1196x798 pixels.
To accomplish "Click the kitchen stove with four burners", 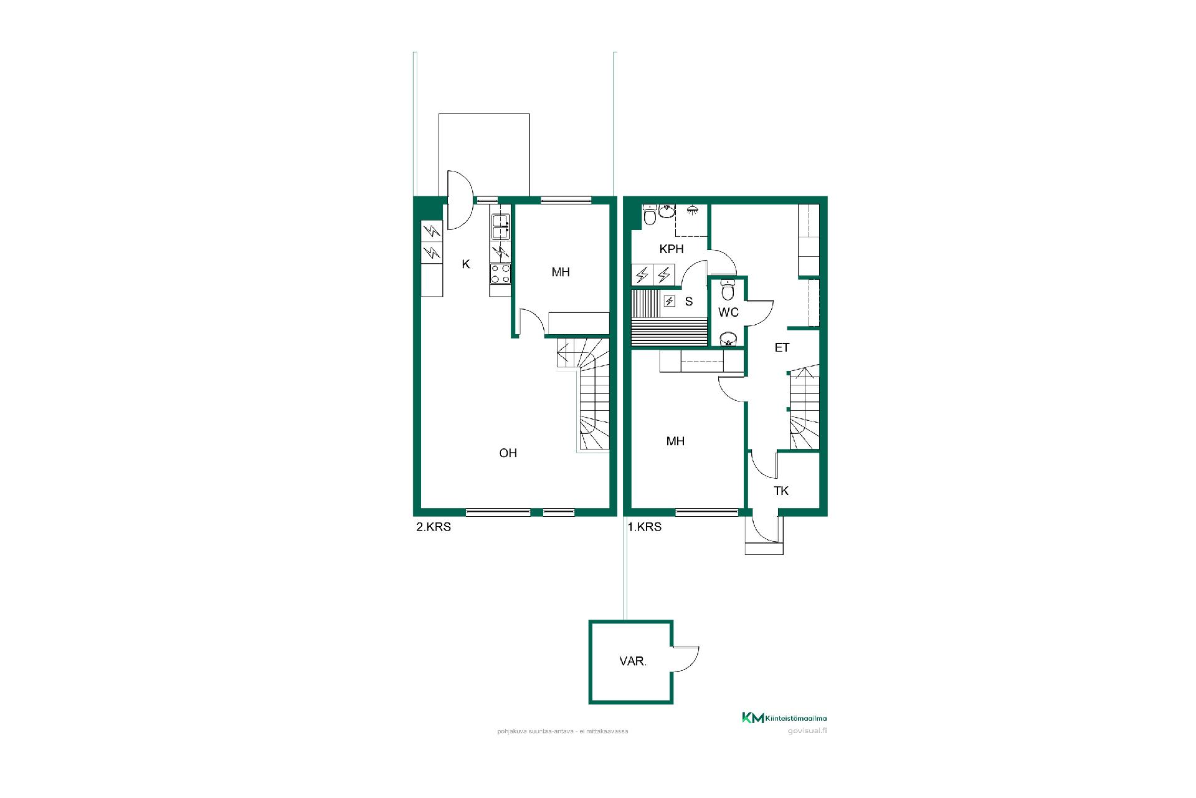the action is coord(501,273).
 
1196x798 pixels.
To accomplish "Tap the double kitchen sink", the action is coord(501,226).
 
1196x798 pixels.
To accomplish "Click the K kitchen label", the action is coord(466,264).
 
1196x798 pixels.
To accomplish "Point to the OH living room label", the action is coord(508,453).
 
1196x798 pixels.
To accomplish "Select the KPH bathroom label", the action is coord(672,249).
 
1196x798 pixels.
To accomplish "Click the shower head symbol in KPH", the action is coord(691,211).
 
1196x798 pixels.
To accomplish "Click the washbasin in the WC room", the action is coord(728,339).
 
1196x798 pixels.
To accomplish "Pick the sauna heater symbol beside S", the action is coord(670,302).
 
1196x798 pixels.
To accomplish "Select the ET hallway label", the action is coord(782,348).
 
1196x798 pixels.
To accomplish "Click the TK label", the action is coord(781,491).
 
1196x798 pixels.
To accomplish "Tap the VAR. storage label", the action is coord(633,662).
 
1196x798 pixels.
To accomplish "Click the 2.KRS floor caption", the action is coord(434,527).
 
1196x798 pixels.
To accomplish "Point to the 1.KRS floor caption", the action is coord(645,527).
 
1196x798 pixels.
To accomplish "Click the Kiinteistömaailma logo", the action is coord(784,718).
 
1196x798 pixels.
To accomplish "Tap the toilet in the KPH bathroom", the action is coord(650,214).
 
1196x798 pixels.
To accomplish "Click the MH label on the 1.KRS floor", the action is coord(675,441).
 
